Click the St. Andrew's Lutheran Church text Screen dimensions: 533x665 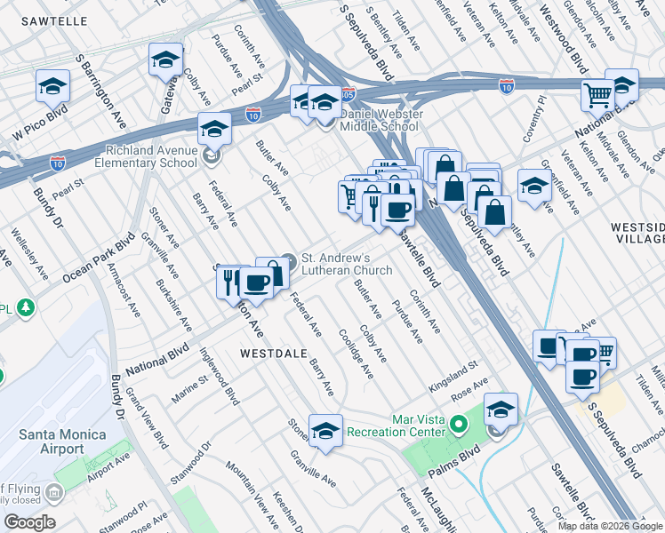point(348,264)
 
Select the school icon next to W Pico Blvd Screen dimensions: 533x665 point(52,87)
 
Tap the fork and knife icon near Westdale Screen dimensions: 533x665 point(230,282)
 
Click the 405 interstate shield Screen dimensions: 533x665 point(349,92)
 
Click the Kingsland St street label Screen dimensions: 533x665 point(453,366)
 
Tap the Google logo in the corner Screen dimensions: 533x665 point(29,522)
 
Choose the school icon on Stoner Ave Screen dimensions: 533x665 point(325,430)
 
